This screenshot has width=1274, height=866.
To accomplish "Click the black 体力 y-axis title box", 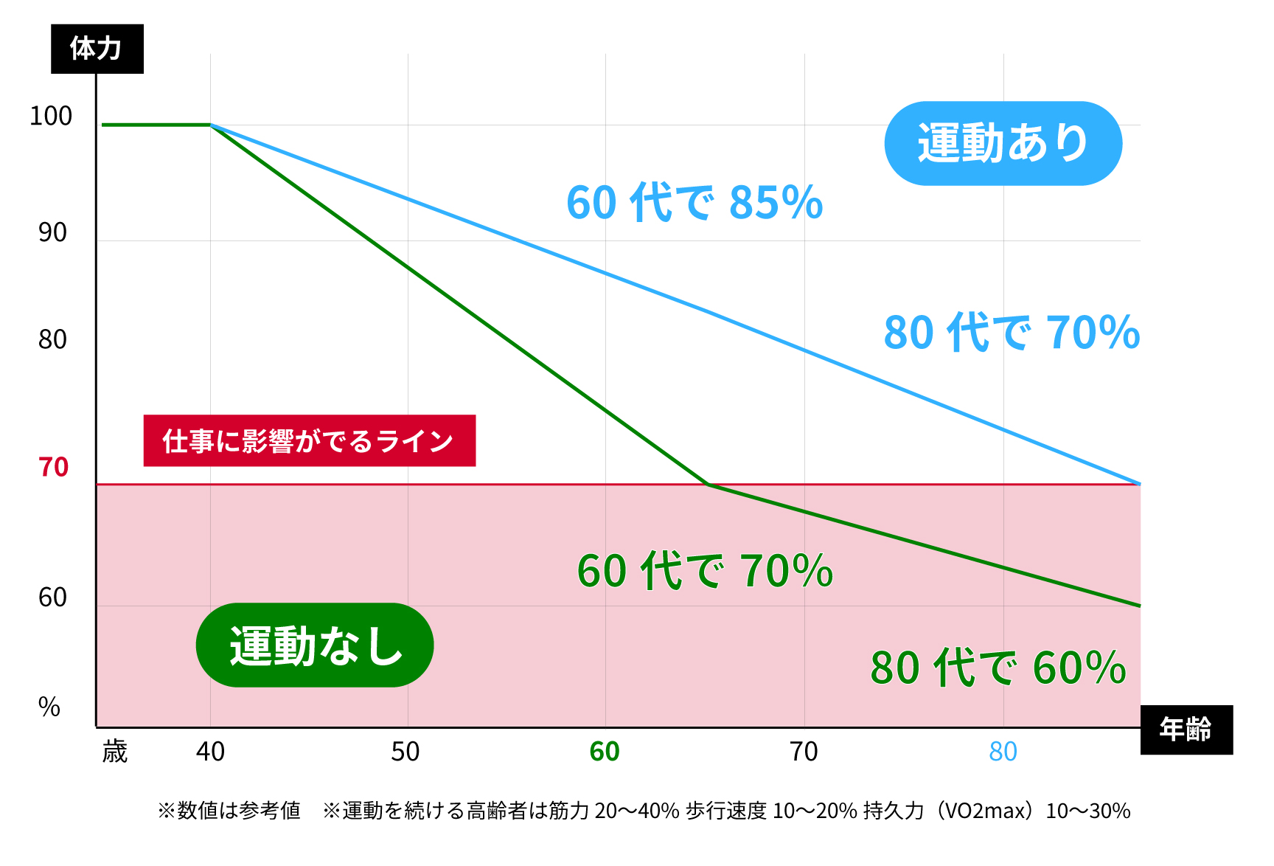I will tap(97, 49).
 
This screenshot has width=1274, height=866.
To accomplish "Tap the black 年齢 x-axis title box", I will tap(1186, 730).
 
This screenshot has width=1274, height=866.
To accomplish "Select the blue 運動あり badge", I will tap(1003, 143).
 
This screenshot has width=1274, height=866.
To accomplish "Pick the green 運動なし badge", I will tap(315, 645).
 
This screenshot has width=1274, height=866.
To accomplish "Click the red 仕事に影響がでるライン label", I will tap(309, 441).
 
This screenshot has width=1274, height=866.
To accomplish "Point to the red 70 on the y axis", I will tap(53, 468).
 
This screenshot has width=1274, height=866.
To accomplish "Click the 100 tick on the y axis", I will tap(51, 116).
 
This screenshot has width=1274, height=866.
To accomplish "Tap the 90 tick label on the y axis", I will tap(52, 232).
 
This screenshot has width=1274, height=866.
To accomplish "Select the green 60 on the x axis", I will tap(605, 752).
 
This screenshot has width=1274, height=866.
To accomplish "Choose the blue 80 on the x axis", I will tap(1003, 752).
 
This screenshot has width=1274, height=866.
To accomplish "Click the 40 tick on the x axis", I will tap(210, 752).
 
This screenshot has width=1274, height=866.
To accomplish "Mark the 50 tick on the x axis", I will tap(405, 752).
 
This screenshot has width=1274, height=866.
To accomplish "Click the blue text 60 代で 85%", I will tap(695, 202).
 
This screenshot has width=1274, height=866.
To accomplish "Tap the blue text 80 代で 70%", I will tap(1012, 332).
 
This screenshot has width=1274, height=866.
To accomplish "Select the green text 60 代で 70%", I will tap(705, 571).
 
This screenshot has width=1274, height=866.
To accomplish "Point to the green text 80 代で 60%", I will tap(998, 668).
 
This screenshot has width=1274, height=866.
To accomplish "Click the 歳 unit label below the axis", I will tap(115, 752).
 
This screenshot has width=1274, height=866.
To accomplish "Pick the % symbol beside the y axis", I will tap(49, 707).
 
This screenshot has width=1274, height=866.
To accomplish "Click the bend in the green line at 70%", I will tap(708, 485).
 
